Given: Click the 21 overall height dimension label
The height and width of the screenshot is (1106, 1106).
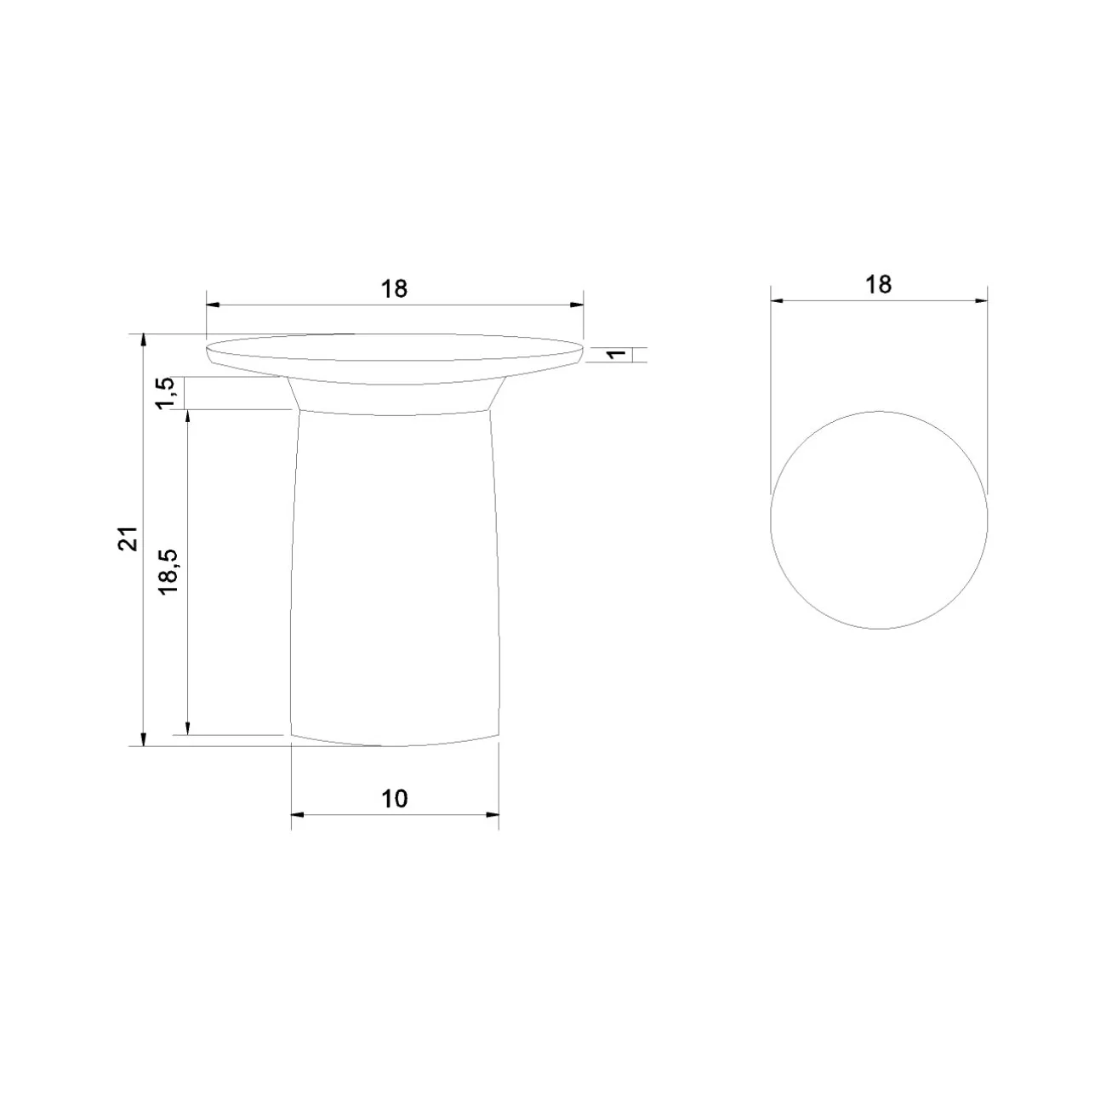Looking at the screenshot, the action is point(128,539).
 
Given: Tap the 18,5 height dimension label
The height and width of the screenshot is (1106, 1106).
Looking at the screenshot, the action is point(170,572).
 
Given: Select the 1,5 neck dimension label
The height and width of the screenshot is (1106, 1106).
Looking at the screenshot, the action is point(165,393).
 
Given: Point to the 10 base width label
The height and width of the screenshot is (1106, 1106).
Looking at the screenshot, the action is point(394,798).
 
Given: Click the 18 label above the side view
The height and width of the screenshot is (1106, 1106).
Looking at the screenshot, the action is point(394,288).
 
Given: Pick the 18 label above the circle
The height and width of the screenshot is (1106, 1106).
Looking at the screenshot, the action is point(878,285).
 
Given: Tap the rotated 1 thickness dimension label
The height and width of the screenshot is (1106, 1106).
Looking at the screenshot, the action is point(617,354).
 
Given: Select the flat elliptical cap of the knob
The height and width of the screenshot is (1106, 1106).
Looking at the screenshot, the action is point(394,359).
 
